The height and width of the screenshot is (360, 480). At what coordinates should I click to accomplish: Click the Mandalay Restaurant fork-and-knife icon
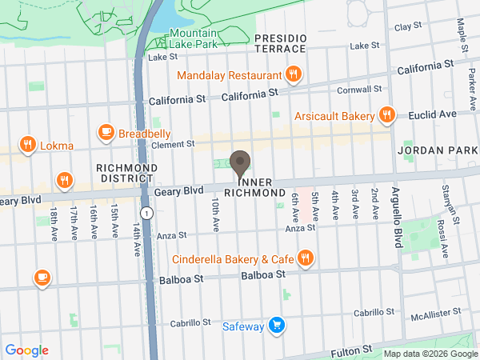tap(294, 76)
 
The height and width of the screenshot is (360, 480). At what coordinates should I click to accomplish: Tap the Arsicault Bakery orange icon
tap(386, 114)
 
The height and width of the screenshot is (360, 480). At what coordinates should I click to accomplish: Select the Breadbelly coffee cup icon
tap(106, 132)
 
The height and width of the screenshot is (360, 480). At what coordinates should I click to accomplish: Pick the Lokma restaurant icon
tap(28, 145)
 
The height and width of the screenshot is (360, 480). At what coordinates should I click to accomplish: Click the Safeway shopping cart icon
tap(276, 325)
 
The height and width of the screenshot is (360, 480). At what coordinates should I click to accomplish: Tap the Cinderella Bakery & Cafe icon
tap(305, 258)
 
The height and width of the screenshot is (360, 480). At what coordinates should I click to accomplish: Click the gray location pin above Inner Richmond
tap(239, 163)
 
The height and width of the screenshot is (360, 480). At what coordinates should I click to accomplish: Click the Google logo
tap(26, 350)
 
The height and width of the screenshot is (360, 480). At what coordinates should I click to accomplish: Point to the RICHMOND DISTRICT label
tap(126, 173)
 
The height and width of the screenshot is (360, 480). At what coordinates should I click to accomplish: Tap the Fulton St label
tap(356, 350)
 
